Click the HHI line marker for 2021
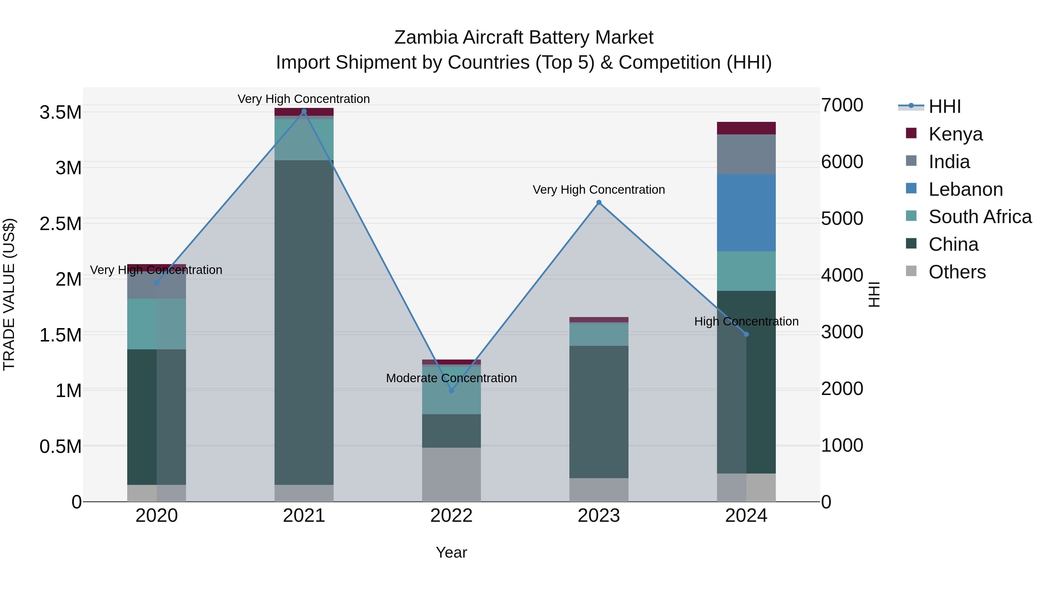point(304,111)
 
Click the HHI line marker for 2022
point(451,391)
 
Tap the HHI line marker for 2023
point(599,202)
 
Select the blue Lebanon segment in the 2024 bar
point(746,213)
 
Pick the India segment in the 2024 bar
point(746,154)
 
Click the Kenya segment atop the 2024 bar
point(746,128)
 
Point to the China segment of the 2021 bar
point(304,321)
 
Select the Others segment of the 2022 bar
point(451,474)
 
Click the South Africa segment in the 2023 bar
point(599,334)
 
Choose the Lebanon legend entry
point(965,189)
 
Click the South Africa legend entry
point(980,217)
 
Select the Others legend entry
point(957,272)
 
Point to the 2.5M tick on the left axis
point(60,224)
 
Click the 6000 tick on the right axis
point(842,162)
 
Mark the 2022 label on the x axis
point(451,516)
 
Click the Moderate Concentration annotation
point(451,378)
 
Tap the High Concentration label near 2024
point(746,321)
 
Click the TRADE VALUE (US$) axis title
point(9,294)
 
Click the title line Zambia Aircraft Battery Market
point(524,38)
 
